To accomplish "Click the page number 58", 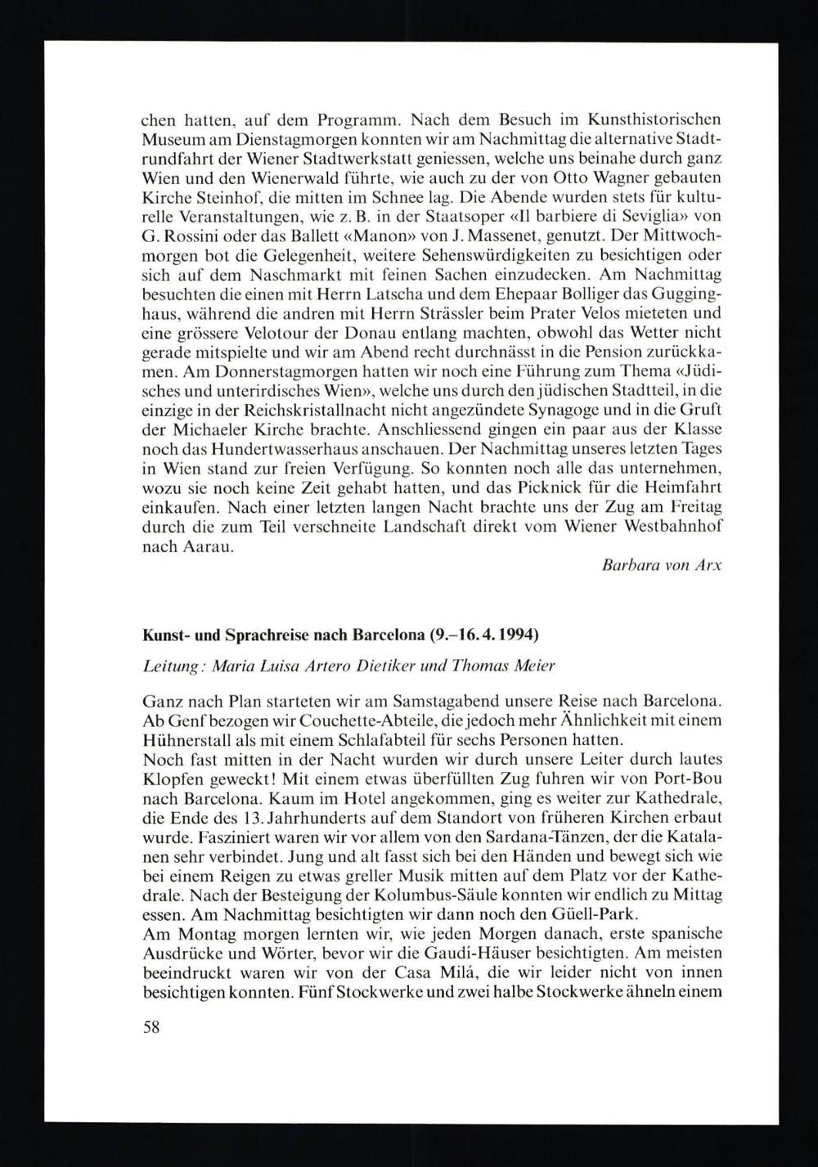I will coord(151,1027).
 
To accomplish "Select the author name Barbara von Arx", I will coord(660,566).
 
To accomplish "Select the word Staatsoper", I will coord(437,216).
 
